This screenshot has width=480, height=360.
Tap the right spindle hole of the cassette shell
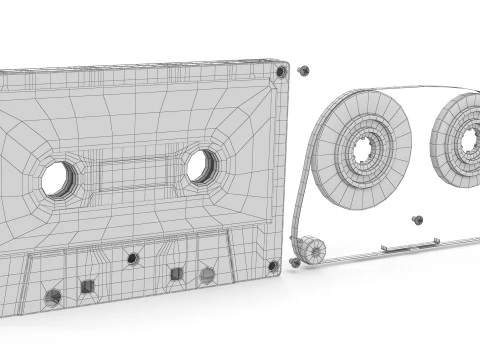201,165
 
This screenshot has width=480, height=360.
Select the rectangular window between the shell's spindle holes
130,172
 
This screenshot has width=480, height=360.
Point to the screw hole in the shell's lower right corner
272,265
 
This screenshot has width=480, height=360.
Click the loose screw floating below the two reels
417,219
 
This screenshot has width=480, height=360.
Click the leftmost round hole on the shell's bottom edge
53,296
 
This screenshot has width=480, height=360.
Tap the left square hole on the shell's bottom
87,287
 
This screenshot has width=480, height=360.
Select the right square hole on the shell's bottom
176,273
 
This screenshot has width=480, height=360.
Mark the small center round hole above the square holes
132,259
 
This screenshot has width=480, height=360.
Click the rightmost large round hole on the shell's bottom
207,274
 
